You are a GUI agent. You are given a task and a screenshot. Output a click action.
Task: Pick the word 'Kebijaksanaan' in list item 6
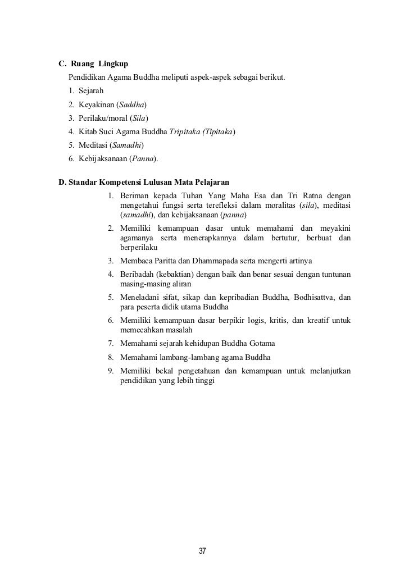pyautogui.click(x=103, y=159)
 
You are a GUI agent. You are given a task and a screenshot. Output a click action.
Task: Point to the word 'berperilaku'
pyautogui.click(x=139, y=248)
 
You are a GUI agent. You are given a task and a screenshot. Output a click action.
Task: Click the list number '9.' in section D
pyautogui.click(x=112, y=371)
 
